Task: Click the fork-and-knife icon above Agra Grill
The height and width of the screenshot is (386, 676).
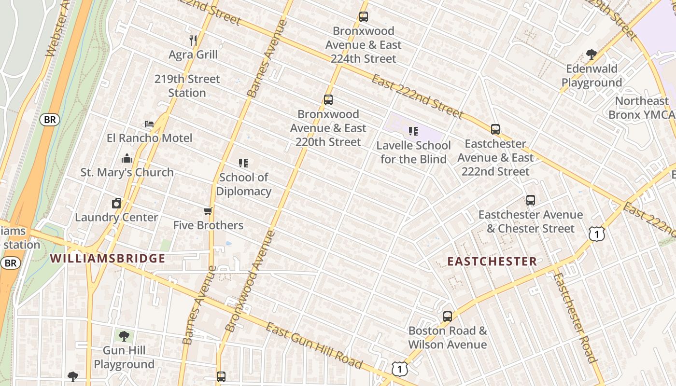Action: pyautogui.click(x=193, y=40)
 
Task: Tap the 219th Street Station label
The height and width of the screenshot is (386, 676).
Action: pyautogui.click(x=187, y=86)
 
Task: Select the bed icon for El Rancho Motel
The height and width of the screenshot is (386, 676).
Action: pyautogui.click(x=149, y=124)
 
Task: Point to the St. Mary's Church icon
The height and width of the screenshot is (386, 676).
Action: pyautogui.click(x=127, y=158)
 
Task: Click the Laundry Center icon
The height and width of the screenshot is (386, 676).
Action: pyautogui.click(x=116, y=203)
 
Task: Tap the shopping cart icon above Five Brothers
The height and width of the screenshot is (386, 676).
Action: pyautogui.click(x=208, y=211)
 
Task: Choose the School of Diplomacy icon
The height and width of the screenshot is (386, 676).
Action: pyautogui.click(x=243, y=163)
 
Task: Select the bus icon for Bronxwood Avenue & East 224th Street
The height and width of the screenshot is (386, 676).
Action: pyautogui.click(x=364, y=17)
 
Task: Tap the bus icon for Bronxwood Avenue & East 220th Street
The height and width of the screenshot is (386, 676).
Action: pyautogui.click(x=328, y=100)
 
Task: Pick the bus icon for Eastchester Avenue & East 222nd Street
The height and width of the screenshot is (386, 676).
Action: pyautogui.click(x=495, y=129)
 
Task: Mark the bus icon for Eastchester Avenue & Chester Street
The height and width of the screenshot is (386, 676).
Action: pyautogui.click(x=531, y=200)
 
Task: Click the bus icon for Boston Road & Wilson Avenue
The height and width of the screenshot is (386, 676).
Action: pyautogui.click(x=448, y=317)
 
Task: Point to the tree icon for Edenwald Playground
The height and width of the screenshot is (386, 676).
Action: pyautogui.click(x=591, y=54)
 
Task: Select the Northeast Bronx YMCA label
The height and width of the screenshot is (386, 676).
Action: pyautogui.click(x=642, y=108)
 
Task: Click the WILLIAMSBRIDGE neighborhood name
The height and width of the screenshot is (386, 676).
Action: pyautogui.click(x=108, y=259)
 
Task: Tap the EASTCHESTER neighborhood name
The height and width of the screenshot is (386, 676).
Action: pyautogui.click(x=492, y=262)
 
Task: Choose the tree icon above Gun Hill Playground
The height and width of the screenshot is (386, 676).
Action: pyautogui.click(x=124, y=336)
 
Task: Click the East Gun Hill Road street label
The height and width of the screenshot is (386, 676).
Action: pyautogui.click(x=314, y=346)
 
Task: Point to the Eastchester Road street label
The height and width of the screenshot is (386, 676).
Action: pyautogui.click(x=575, y=318)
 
